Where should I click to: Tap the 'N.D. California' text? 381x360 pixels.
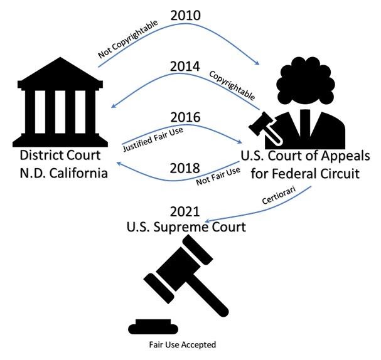[62, 172]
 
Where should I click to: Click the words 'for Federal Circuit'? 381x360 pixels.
[305, 172]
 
